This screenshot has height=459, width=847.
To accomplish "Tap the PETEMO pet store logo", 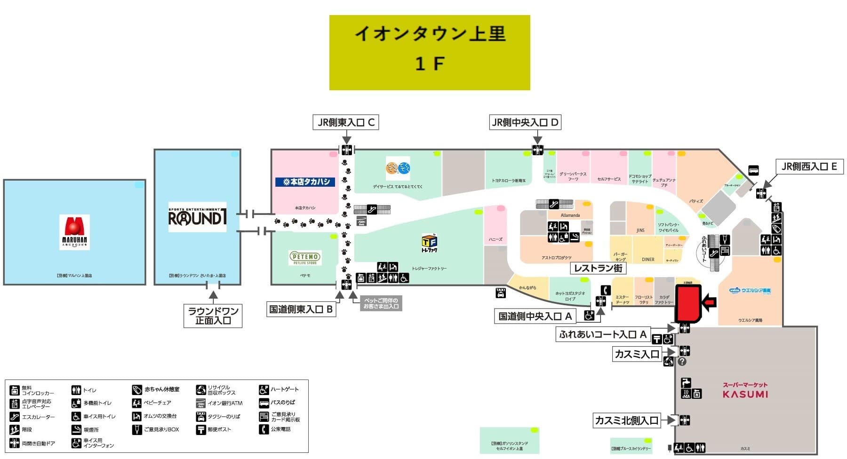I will (305, 258).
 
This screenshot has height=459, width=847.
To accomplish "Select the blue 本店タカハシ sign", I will (305, 182).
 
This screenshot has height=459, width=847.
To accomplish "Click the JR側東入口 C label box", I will (346, 123).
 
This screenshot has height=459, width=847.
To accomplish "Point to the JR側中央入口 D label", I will (525, 123).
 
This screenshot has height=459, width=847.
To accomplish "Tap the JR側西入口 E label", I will (809, 166).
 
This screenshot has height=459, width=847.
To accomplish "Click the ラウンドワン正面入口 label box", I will (213, 316).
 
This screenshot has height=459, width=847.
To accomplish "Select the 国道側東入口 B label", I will (301, 309).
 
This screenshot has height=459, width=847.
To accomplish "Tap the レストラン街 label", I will (598, 268).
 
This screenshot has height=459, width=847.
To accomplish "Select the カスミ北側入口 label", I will (626, 420).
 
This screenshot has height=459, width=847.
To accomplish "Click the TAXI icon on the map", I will (501, 293).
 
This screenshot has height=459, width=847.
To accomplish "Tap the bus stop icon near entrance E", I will (753, 171).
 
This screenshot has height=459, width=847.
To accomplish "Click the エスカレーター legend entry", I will (32, 417).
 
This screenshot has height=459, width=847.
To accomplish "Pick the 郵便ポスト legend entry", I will (214, 429).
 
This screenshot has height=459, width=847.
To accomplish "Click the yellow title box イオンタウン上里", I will (430, 52).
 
